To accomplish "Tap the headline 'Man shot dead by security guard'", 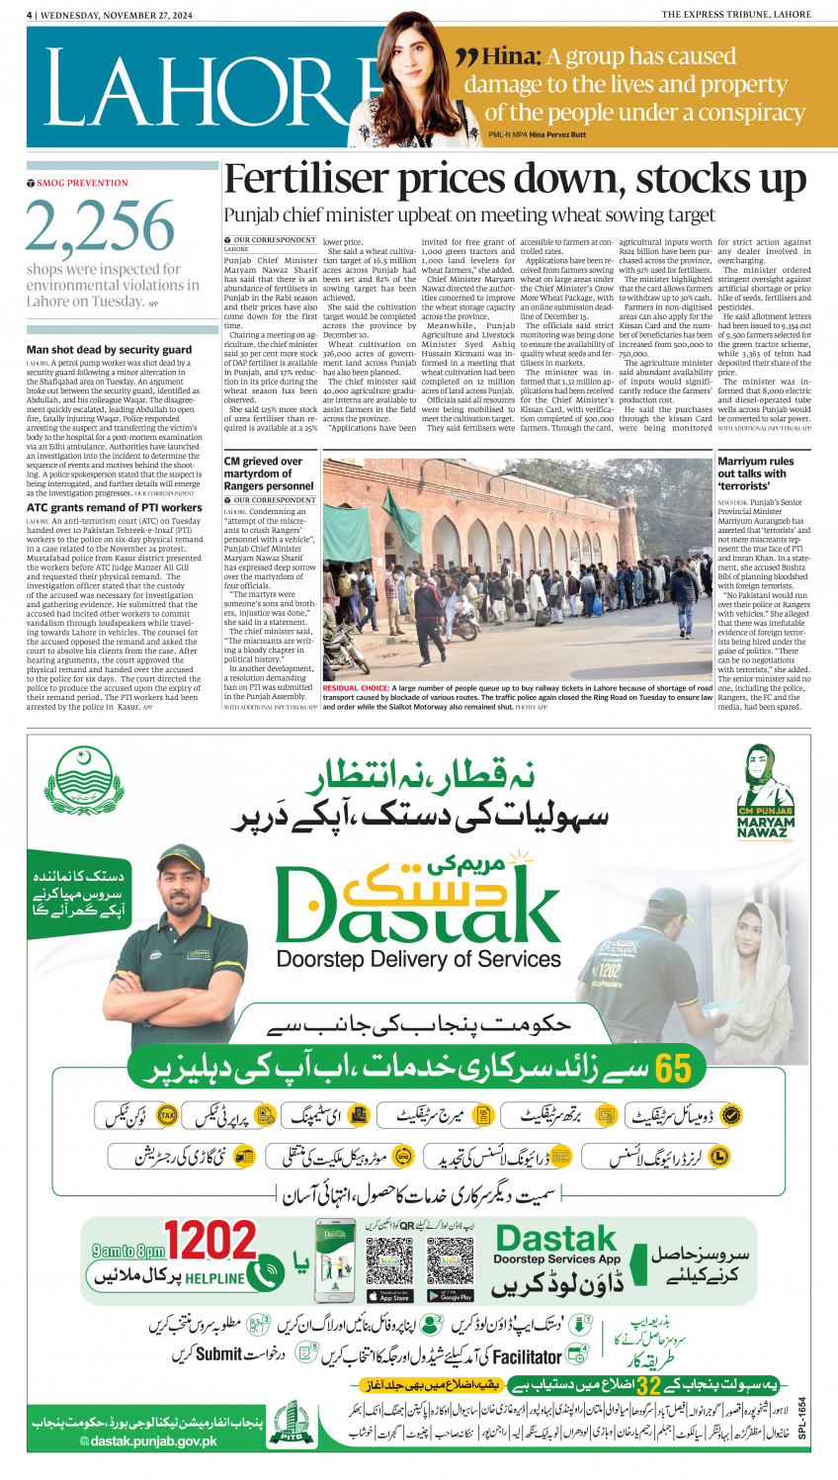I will coord(110,350).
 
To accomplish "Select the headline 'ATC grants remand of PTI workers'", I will coord(115,507).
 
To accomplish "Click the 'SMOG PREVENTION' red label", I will coord(83,183).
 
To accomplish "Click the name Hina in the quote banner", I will coord(511,56).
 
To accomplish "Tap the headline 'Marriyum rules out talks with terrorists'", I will coord(756,474).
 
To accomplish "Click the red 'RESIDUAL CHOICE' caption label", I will coord(356,688).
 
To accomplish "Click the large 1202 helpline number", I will coord(210,1241).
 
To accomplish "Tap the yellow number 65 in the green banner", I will coord(673,1069).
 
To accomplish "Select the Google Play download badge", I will coord(450,1296).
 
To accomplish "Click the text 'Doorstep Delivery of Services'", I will coord(419,959).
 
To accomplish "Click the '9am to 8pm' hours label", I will coord(128,1251).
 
